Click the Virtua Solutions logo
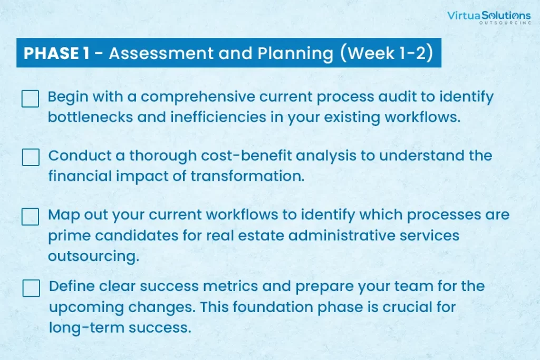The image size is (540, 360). point(489,17)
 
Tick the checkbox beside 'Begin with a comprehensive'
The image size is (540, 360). point(30,99)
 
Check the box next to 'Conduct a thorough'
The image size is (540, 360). point(31,157)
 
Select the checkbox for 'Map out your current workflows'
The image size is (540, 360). point(30,217)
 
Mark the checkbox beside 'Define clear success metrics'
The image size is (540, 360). point(31,288)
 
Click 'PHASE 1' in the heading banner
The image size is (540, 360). point(56,53)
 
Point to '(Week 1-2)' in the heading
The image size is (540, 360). point(386,53)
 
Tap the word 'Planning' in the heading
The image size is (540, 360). point(295,54)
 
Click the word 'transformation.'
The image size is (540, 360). point(248,176)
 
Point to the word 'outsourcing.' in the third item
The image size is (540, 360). point(94,257)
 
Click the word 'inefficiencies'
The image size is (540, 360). point(218,117)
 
